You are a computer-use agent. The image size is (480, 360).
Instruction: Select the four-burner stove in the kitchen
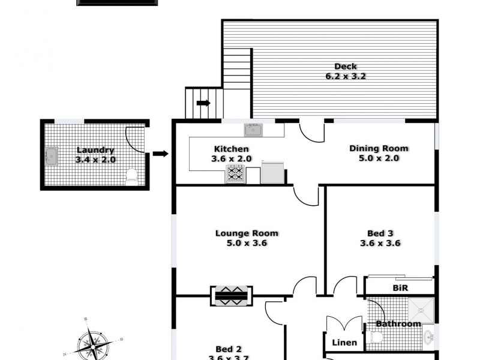tap(235, 174)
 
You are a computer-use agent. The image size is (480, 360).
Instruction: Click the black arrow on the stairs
tap(203, 103)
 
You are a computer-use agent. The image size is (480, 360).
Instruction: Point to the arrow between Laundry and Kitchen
tap(160, 154)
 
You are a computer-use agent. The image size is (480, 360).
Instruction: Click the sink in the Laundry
tap(51, 156)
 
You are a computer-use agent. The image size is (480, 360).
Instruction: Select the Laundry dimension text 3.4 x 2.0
tap(95, 160)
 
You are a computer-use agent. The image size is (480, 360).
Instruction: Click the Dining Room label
tap(379, 148)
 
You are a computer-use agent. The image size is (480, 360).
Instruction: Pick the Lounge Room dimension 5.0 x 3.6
tap(247, 243)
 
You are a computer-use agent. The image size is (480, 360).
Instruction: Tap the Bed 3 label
tap(380, 233)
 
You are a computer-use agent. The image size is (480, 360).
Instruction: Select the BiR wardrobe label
tap(400, 288)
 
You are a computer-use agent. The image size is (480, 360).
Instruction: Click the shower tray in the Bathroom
tap(424, 308)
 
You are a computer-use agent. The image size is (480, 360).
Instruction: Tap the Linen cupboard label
tap(344, 343)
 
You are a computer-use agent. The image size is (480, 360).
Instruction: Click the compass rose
tap(93, 344)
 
